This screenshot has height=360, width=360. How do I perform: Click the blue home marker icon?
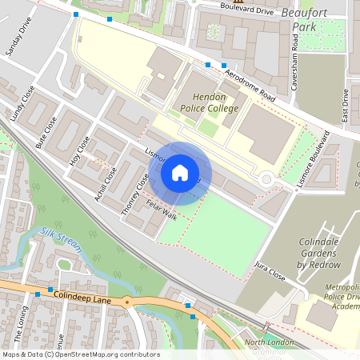180,173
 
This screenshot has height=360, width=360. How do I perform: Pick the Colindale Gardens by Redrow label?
318,253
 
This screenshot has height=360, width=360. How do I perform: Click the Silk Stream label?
61,238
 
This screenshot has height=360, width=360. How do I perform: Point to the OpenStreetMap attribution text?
80,354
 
